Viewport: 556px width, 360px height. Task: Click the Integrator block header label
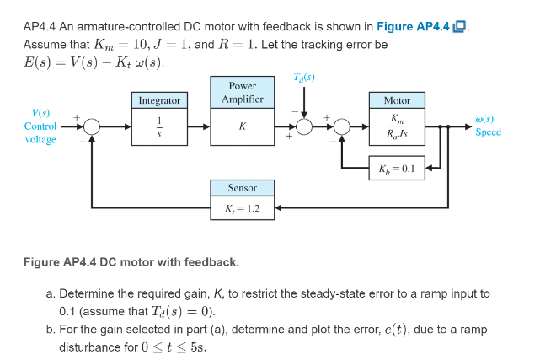tap(159, 100)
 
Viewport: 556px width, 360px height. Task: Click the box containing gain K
tap(243, 126)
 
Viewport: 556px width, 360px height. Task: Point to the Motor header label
tap(396, 100)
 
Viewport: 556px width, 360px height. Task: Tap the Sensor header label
tap(243, 187)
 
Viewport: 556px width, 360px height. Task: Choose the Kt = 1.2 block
tap(243, 207)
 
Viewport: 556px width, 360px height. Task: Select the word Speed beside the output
tap(488, 132)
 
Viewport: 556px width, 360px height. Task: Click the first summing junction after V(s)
tap(91, 126)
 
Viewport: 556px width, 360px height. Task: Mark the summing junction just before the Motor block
tap(342, 126)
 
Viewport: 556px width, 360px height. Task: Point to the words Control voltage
tap(40, 132)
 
